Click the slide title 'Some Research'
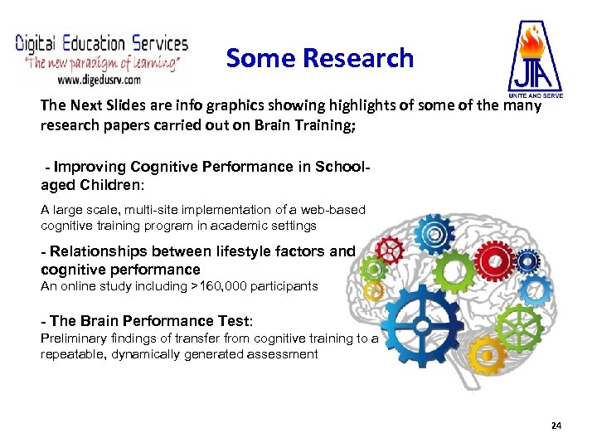point(319,58)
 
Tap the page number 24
point(556,426)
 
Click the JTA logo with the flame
point(534,56)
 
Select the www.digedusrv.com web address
point(99,80)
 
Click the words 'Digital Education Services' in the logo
point(102,44)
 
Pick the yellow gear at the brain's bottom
point(487,355)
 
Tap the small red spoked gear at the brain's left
point(388,249)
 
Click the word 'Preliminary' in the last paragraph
point(72,338)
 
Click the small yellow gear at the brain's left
point(375,290)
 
